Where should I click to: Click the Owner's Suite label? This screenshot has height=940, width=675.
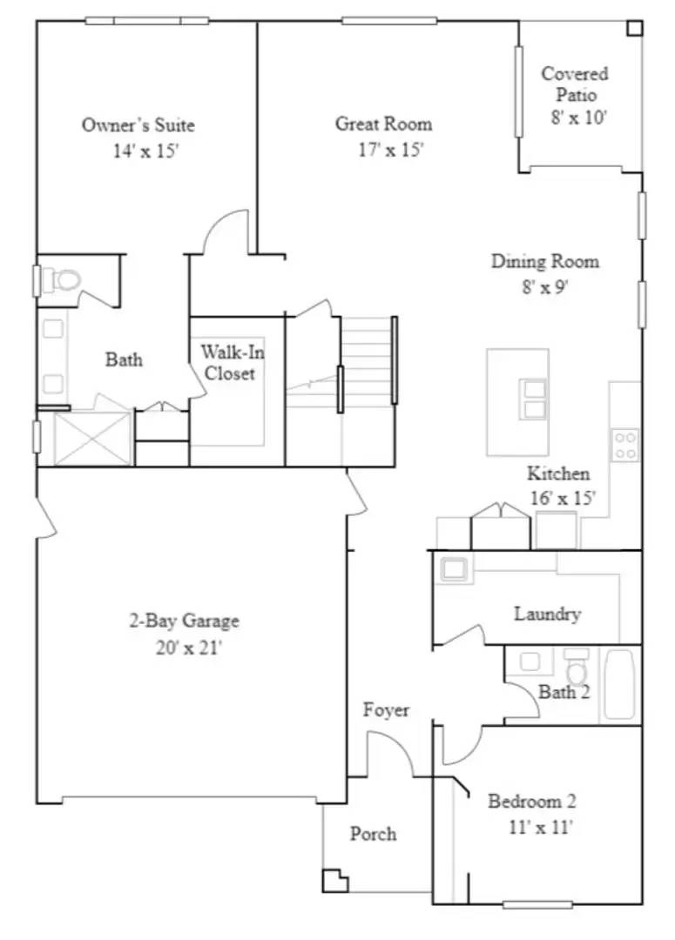(x=138, y=125)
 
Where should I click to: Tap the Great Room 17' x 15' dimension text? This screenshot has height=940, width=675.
(x=390, y=150)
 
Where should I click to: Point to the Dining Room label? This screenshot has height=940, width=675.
(x=545, y=261)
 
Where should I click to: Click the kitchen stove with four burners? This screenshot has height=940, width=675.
(x=624, y=445)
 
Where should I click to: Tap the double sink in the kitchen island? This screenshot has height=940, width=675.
(x=533, y=399)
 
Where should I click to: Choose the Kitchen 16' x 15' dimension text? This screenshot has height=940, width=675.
(x=562, y=499)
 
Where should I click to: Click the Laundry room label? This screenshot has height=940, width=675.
(x=547, y=614)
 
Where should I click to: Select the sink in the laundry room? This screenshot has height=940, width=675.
(x=454, y=569)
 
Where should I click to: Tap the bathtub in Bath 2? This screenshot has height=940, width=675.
(x=621, y=684)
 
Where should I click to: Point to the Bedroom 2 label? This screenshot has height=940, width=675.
(x=531, y=802)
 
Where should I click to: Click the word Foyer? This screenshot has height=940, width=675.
(x=386, y=710)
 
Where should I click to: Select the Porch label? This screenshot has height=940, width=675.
(x=373, y=834)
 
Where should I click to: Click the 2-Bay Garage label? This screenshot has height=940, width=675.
(x=184, y=621)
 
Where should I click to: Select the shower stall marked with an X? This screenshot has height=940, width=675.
(x=92, y=439)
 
